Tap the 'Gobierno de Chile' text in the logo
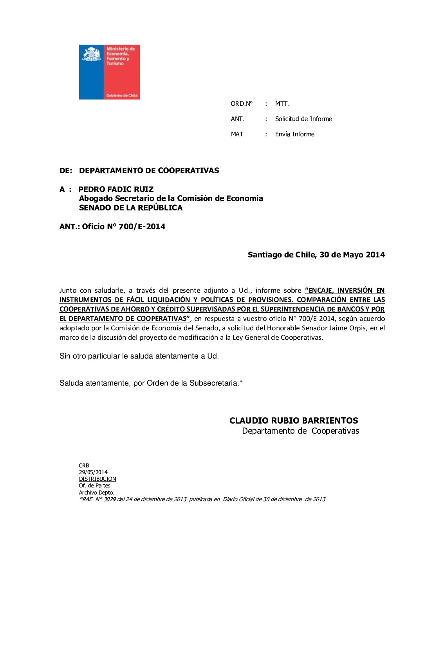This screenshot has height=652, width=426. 122,95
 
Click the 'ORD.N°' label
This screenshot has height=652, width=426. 242,104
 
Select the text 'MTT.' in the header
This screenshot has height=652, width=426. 282,104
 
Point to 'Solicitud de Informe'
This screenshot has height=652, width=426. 303,119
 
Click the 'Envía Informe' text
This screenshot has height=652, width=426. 294,134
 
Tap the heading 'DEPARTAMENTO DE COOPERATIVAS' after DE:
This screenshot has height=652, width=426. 149,170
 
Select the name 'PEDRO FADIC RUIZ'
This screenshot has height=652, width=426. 116,189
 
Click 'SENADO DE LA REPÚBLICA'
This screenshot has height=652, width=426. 131,208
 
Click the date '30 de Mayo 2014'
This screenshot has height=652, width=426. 352,255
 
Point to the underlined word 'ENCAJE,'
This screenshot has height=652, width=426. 320,290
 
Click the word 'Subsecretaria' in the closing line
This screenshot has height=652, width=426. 214,383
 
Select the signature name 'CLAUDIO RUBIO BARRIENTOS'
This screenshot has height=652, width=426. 294,420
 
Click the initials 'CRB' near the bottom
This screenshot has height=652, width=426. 84,465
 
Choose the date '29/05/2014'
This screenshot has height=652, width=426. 93,472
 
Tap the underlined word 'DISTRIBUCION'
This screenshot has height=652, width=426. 97,479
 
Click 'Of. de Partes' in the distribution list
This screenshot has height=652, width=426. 95,485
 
